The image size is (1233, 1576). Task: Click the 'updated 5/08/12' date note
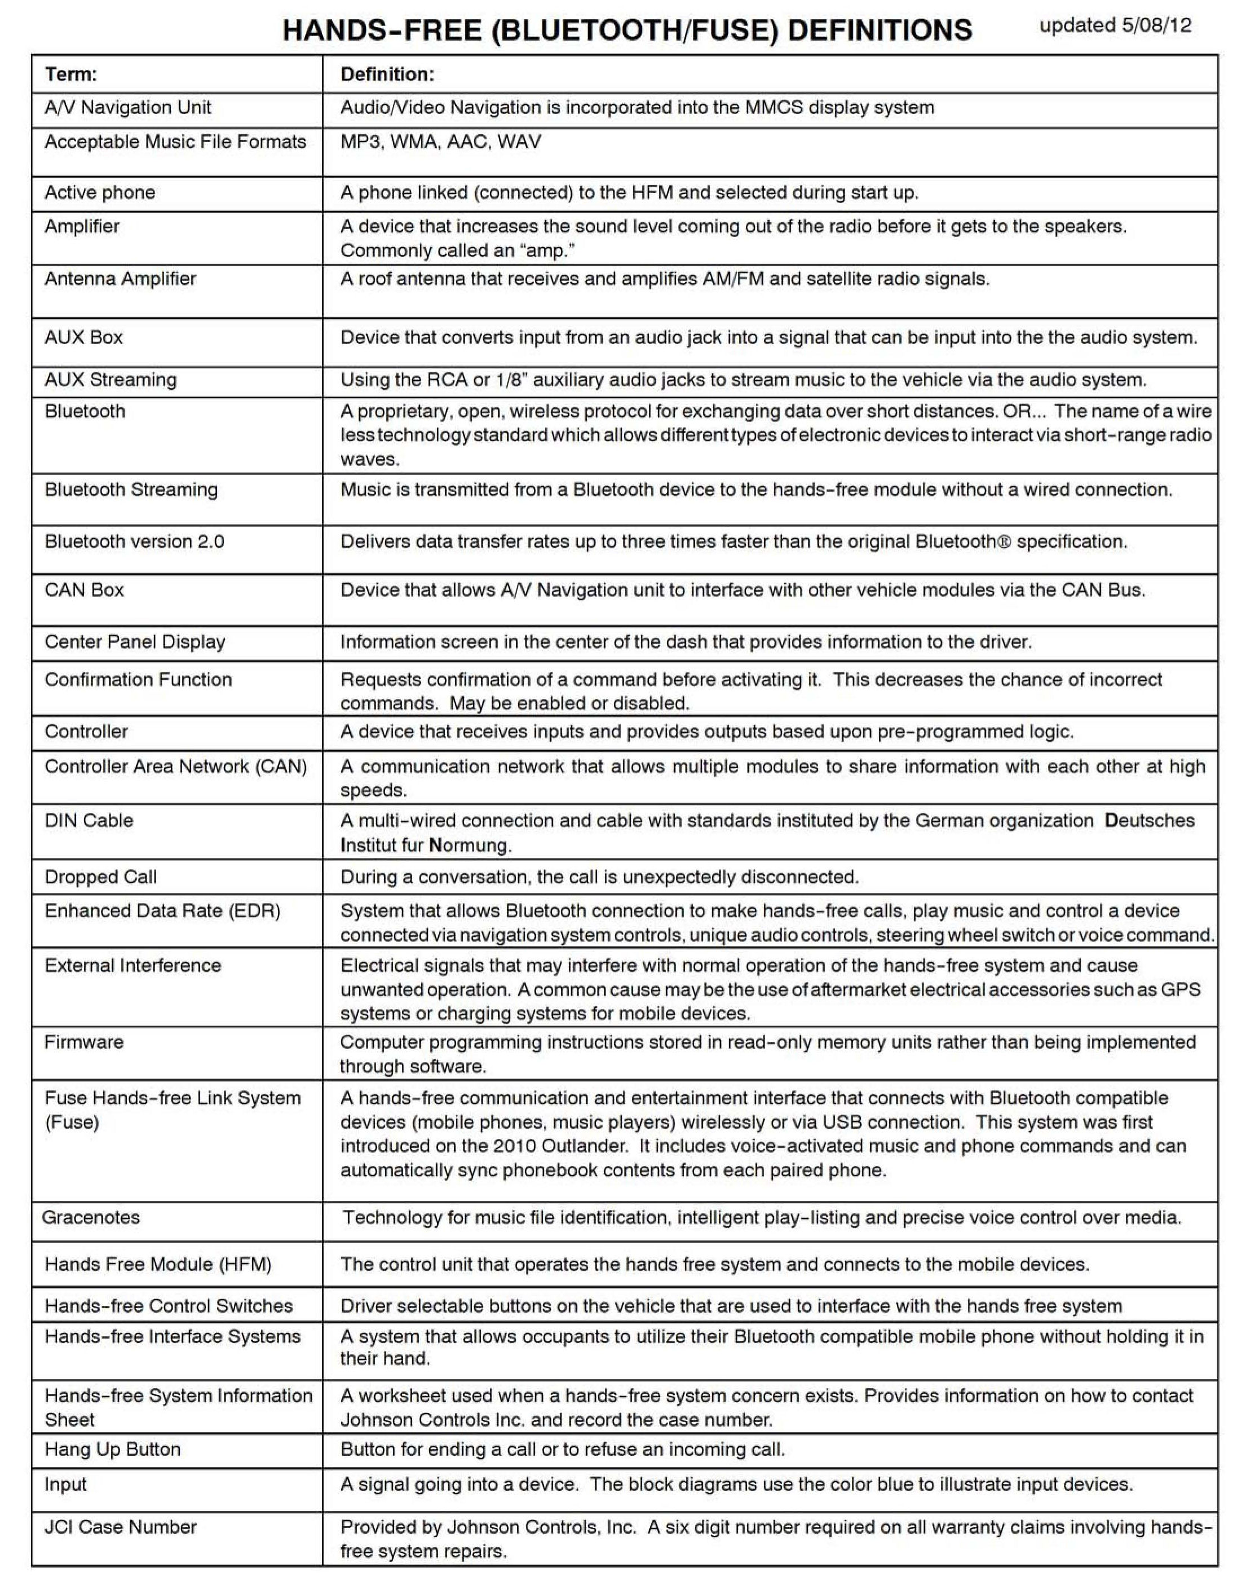coord(1115,26)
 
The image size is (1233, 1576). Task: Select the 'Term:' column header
coord(70,74)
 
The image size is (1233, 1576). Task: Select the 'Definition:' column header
coord(387,74)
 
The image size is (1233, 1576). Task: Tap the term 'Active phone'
coord(100,193)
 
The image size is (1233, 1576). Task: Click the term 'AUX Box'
coord(84,337)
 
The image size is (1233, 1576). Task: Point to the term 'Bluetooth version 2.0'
coord(134,542)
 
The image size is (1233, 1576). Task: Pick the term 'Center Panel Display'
coord(135,642)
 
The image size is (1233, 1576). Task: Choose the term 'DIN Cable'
coord(89,821)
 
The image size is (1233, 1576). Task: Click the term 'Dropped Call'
coord(100,877)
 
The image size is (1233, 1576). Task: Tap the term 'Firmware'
coord(84,1042)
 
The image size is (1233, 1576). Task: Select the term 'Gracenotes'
coord(91,1218)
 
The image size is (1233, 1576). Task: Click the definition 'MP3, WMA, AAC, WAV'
coord(440,142)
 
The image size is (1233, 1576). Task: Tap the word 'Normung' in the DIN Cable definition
coord(470,845)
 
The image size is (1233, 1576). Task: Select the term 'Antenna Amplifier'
coord(120,279)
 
